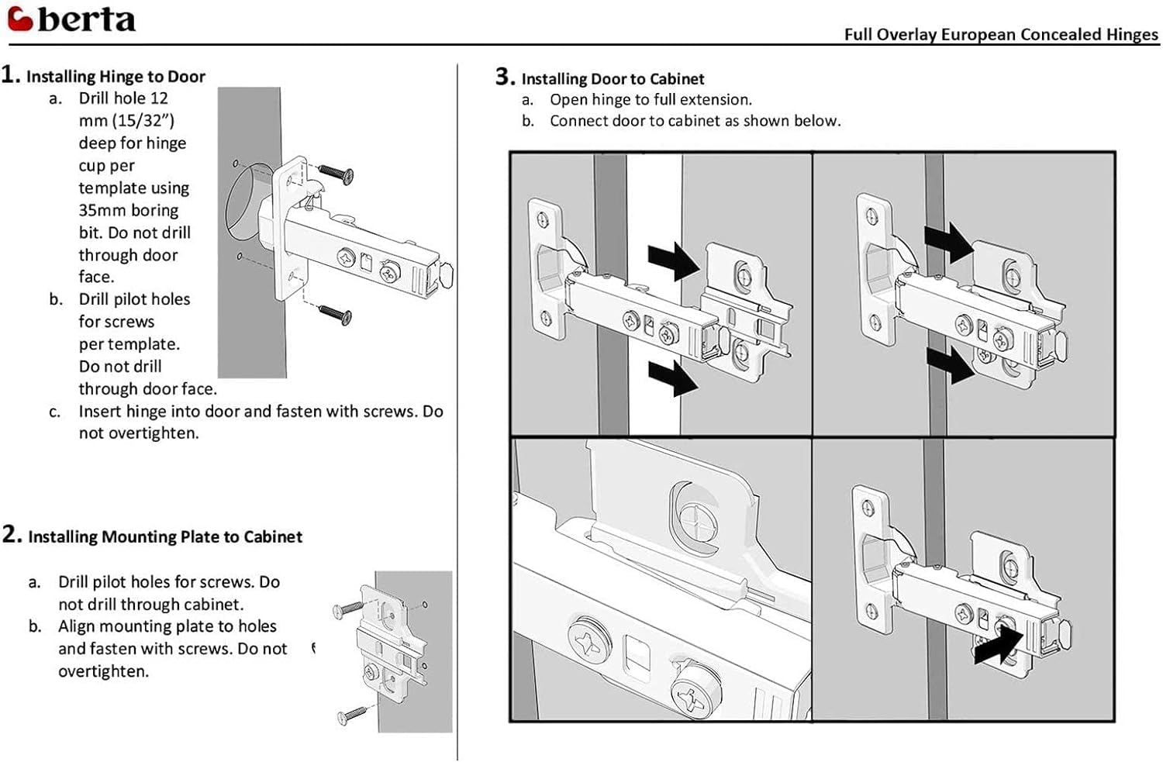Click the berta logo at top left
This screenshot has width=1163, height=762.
(x=71, y=19)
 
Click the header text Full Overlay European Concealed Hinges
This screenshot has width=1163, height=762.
(x=1001, y=34)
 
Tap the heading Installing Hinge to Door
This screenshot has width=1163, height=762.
(x=116, y=77)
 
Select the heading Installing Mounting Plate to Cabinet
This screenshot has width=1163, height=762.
(x=165, y=536)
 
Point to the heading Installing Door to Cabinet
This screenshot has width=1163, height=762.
(x=613, y=79)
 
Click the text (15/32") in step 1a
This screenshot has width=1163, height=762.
(x=144, y=121)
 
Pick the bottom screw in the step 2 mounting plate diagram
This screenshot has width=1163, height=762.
(x=353, y=714)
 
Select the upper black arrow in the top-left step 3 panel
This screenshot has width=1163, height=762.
(x=674, y=260)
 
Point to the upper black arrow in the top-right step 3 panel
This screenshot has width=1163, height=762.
(x=948, y=241)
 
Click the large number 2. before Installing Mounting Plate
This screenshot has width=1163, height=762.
(x=12, y=534)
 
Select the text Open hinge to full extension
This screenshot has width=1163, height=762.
(x=651, y=100)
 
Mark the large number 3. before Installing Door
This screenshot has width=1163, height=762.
(x=505, y=77)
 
